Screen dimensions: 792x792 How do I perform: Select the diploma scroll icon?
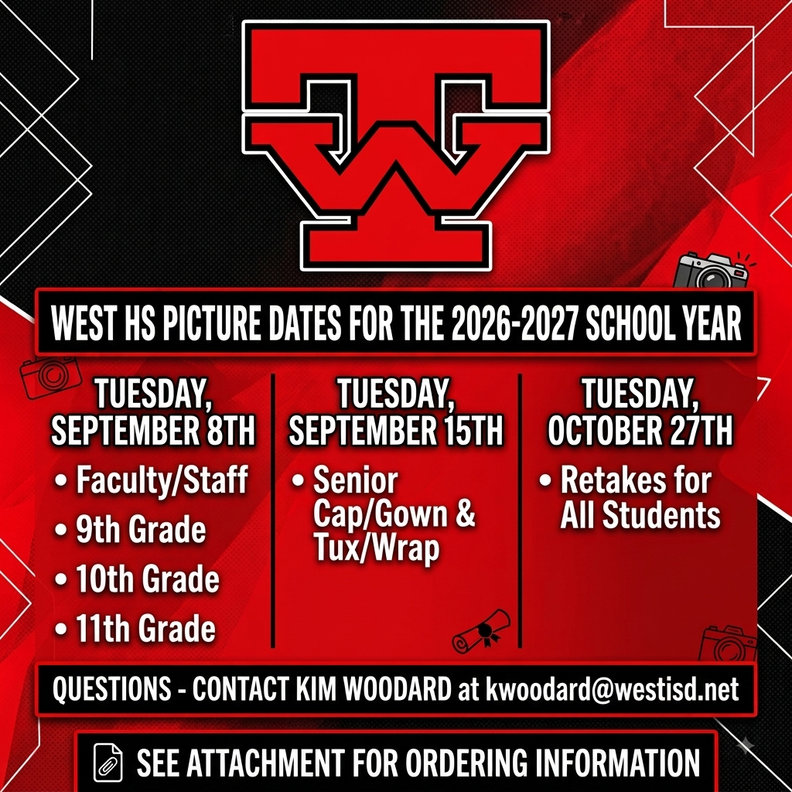coord(480,631)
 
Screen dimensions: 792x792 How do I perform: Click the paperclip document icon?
coord(108,763)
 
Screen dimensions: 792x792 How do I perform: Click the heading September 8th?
coord(153,431)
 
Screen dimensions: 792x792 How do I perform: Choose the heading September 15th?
coord(396,431)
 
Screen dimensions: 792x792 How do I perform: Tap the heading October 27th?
coord(640,431)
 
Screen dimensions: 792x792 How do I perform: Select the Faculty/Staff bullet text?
coord(162,480)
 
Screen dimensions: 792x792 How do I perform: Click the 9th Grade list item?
coord(141,529)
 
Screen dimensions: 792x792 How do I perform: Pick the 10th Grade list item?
coord(148,579)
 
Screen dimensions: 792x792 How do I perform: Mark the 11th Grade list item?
coord(145,628)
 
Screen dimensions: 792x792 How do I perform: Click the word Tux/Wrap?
coord(377,548)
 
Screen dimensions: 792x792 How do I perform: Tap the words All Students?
coord(640,515)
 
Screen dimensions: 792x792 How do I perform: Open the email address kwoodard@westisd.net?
coord(613,689)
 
